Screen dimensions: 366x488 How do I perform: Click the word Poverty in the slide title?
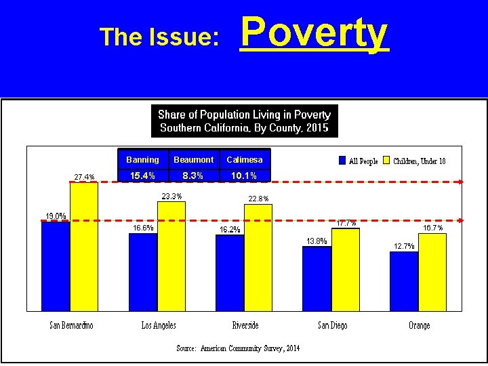click(x=314, y=34)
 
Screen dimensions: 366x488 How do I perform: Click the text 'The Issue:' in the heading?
click(x=159, y=37)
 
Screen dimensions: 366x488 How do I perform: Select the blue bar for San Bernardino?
click(x=55, y=266)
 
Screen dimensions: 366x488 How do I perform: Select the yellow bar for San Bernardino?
click(x=84, y=247)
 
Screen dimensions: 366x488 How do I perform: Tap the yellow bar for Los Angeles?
click(x=171, y=256)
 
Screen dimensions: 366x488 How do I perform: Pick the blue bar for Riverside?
click(x=229, y=273)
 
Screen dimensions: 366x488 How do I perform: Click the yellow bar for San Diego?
click(x=345, y=270)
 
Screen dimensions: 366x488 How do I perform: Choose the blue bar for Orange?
click(x=403, y=281)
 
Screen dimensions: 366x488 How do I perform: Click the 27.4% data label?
click(x=85, y=178)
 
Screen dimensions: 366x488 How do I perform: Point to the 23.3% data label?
click(x=171, y=197)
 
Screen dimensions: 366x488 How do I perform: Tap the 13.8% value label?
click(x=317, y=241)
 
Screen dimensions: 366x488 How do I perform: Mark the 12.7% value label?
click(x=403, y=246)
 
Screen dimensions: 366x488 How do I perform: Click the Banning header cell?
click(x=142, y=160)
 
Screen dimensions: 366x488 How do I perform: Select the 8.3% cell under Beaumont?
click(x=193, y=176)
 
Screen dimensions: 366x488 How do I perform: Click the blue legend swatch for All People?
click(x=342, y=161)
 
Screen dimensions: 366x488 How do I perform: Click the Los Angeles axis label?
click(x=159, y=326)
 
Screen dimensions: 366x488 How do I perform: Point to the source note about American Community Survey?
click(x=238, y=348)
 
